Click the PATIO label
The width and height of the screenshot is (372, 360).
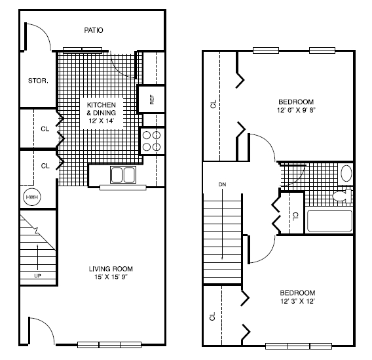point(94,30)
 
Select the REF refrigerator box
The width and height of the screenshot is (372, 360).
point(151,100)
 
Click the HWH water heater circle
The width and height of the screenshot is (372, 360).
point(31,197)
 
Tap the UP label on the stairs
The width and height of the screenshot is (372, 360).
point(37,275)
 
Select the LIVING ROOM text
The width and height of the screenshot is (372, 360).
point(111,269)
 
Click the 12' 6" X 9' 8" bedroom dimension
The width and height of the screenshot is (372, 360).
point(297,111)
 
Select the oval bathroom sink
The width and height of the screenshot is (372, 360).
point(346,174)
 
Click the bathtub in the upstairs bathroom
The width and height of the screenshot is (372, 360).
point(329,220)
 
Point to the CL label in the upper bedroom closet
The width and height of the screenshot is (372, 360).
point(213,104)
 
